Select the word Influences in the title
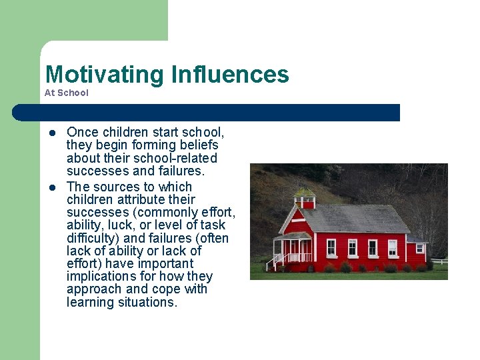tap(230, 74)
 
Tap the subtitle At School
tap(66, 93)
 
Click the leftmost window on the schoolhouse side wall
tap(331, 247)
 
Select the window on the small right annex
tap(419, 249)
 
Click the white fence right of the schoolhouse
tap(438, 261)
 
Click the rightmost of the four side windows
tap(393, 248)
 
